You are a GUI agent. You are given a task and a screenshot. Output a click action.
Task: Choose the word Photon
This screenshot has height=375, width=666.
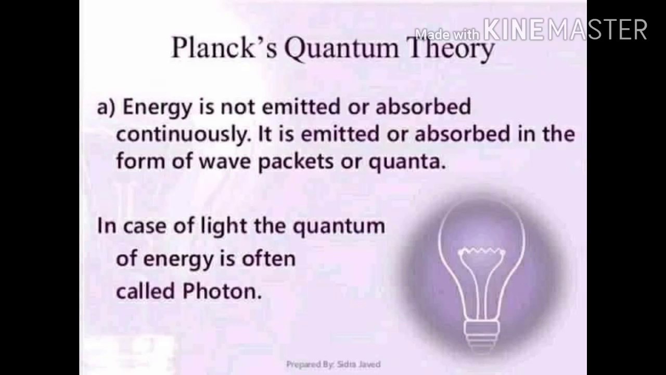(x=221, y=292)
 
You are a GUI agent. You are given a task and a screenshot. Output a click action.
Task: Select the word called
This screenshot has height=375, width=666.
(x=145, y=291)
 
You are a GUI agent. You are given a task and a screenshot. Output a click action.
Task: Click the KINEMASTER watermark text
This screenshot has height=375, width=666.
(x=565, y=30)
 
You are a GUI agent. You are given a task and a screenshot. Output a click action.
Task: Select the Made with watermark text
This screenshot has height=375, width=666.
(x=448, y=34)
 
